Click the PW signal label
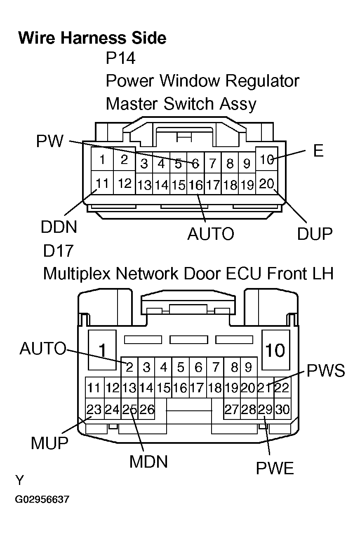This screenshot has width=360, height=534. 50,142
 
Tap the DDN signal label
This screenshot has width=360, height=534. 59,227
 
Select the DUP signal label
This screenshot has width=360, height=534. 315,234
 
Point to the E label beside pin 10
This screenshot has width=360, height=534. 318,151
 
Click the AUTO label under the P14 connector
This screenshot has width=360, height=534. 211,234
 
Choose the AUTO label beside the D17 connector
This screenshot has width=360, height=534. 42,349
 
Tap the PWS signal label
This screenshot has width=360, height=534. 325,371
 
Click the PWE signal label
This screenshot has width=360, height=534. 275,468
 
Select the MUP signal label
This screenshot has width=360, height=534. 49,443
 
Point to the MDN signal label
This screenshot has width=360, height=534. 149,462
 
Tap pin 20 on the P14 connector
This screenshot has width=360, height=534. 267,183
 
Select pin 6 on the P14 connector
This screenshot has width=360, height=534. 195,164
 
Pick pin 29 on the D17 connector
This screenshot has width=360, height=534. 266,410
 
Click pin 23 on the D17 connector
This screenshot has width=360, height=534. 94,410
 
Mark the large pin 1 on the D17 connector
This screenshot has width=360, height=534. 102,350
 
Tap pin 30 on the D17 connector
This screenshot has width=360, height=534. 283,410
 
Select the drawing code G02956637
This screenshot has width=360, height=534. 42,500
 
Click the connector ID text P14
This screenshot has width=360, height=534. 120,58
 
